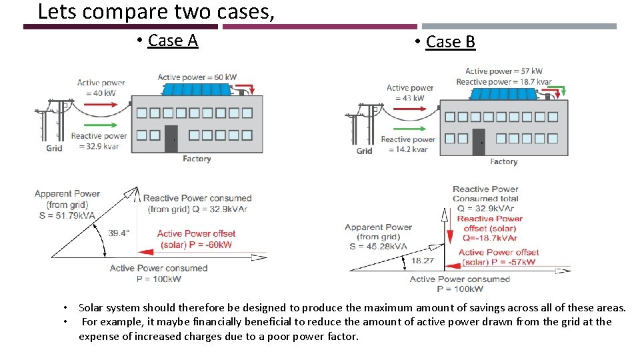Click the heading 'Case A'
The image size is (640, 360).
pyautogui.click(x=173, y=41)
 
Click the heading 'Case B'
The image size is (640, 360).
pyautogui.click(x=450, y=42)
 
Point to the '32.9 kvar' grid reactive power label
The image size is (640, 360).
pyautogui.click(x=99, y=146)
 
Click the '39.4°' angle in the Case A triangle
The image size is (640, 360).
pyautogui.click(x=120, y=233)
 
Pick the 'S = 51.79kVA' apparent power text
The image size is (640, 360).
pyautogui.click(x=65, y=215)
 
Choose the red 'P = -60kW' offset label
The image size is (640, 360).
pyautogui.click(x=197, y=245)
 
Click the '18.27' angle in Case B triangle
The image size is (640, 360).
pyautogui.click(x=423, y=261)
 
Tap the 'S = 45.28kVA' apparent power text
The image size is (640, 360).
pyautogui.click(x=375, y=246)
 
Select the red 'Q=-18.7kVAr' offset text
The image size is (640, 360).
pyautogui.click(x=490, y=237)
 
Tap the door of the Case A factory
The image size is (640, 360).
pyautogui.click(x=171, y=138)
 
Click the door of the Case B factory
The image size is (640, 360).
pyautogui.click(x=478, y=142)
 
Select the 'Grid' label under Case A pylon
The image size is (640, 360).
pyautogui.click(x=54, y=148)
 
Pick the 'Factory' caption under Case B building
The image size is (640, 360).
pyautogui.click(x=503, y=161)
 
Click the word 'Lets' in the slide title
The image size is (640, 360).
pyautogui.click(x=56, y=11)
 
